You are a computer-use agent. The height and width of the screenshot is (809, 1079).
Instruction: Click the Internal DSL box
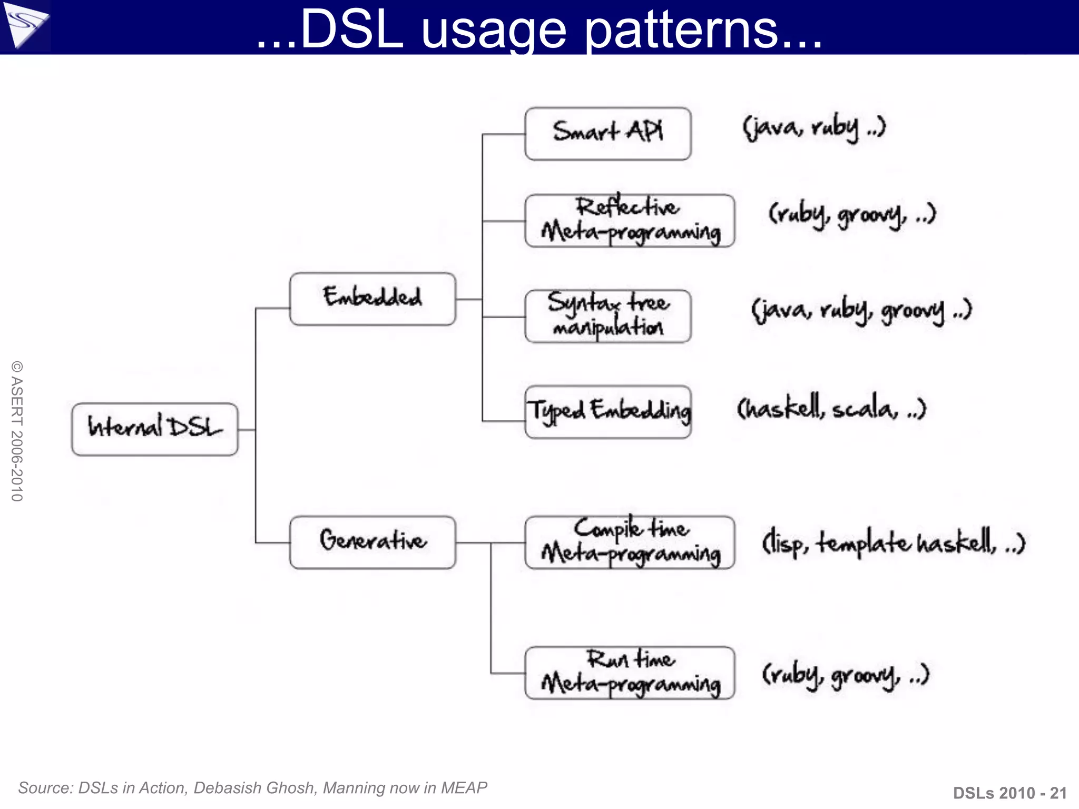(x=154, y=429)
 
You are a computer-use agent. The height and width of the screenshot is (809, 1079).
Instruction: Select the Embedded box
(x=372, y=299)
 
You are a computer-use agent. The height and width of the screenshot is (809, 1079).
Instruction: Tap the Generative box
(x=372, y=542)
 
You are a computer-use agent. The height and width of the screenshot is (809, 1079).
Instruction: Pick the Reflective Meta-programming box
(x=630, y=221)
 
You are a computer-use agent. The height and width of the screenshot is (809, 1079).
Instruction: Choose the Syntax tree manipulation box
(x=607, y=316)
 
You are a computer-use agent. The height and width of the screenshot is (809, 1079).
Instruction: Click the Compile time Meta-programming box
(x=630, y=542)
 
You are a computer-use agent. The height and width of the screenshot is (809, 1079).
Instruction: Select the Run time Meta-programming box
(x=630, y=673)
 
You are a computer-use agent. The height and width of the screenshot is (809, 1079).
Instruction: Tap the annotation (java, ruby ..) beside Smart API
(x=814, y=128)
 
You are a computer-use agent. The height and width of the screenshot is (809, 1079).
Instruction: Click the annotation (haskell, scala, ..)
(x=831, y=408)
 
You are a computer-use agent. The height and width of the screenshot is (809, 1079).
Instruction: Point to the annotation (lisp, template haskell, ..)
(x=894, y=542)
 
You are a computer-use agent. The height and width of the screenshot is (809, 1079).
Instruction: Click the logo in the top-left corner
(x=25, y=25)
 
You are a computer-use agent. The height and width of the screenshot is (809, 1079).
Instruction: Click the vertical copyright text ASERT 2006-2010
(x=17, y=431)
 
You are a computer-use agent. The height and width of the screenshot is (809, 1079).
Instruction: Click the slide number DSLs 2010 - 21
(x=1009, y=793)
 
